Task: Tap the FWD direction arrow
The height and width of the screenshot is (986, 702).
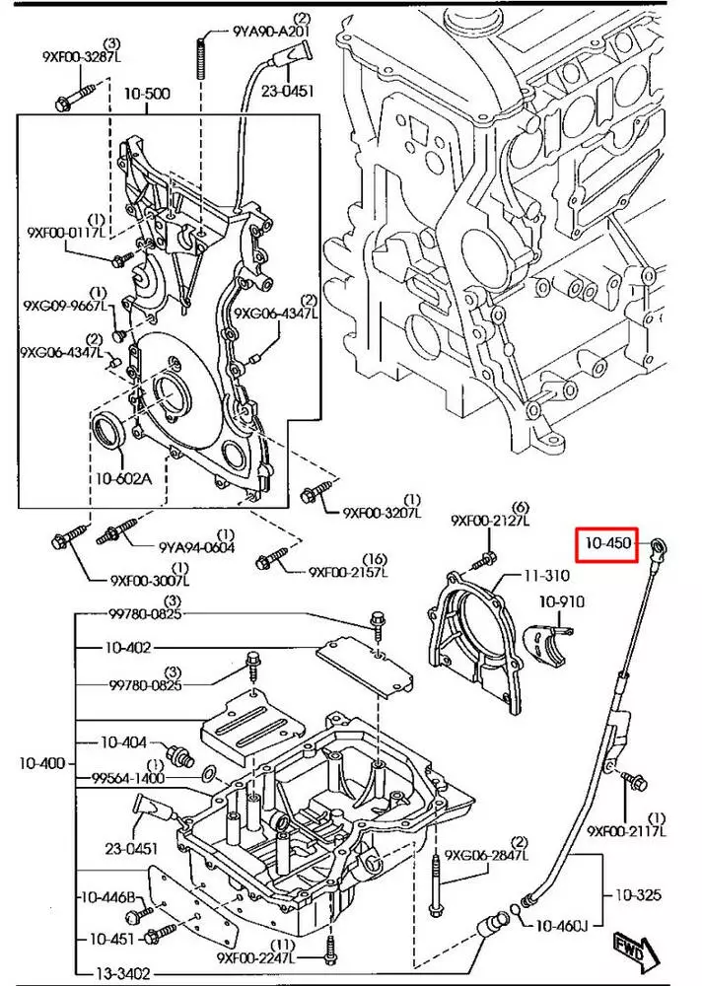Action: [631, 952]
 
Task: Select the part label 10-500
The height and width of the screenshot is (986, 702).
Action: [147, 95]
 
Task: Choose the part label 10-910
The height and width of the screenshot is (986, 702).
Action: [561, 601]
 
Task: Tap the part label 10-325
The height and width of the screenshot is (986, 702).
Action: [640, 895]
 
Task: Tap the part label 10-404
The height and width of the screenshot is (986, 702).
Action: [123, 741]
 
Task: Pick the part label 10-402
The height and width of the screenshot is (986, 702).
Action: [127, 648]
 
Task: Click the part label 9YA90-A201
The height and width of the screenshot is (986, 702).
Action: [272, 31]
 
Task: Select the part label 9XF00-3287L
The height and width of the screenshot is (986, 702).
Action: [82, 57]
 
